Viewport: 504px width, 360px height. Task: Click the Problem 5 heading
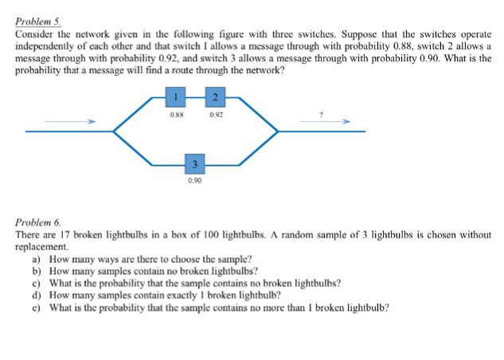38,22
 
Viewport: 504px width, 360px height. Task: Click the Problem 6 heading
38,222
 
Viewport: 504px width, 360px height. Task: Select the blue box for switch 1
175,97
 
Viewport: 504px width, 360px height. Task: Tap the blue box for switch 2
215,97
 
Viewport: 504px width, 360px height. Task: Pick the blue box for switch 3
194,164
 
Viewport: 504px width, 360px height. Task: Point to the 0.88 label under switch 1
177,115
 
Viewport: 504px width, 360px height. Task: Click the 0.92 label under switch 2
216,115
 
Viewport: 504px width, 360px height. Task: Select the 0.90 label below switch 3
195,181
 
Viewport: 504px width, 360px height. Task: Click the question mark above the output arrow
320,114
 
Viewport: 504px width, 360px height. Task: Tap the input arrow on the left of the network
70,121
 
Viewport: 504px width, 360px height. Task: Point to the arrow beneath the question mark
325,121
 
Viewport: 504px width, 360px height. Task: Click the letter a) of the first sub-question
37,259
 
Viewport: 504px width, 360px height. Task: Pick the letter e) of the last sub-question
37,308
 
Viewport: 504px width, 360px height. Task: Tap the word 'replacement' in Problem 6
41,247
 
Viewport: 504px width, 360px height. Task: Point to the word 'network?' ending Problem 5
265,70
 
